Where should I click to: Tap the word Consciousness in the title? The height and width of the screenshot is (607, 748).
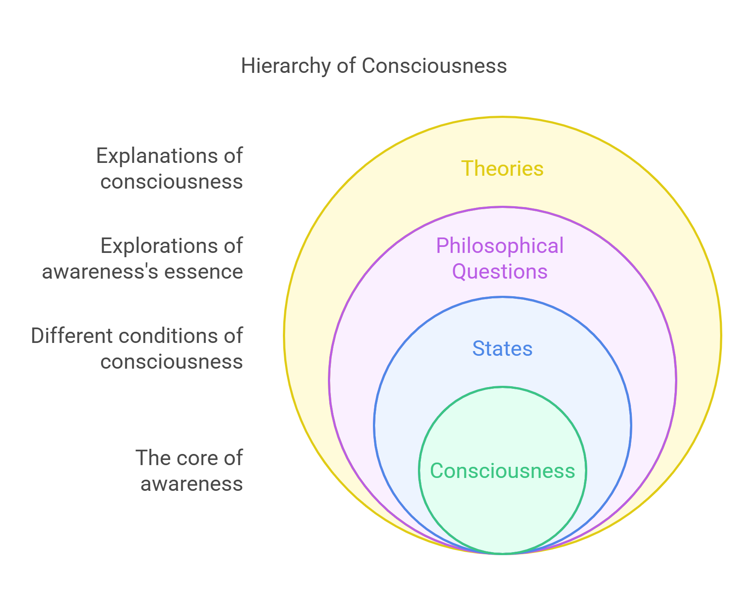click(434, 66)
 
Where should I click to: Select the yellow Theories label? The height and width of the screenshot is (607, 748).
click(502, 168)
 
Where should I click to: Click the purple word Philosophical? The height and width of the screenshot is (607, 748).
click(499, 246)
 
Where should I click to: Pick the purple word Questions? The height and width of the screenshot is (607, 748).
click(499, 272)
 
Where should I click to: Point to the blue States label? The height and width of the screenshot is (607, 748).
click(502, 349)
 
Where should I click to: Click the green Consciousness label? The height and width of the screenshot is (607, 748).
click(502, 471)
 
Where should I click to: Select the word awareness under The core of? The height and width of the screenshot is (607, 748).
click(192, 484)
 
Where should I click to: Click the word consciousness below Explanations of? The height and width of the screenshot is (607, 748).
click(171, 182)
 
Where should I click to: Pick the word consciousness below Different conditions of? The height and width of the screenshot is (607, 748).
click(171, 362)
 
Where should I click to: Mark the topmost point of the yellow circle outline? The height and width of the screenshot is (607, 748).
click(502, 117)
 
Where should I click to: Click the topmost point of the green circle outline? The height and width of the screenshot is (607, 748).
click(502, 387)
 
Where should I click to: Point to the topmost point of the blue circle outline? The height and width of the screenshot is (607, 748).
click(502, 297)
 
